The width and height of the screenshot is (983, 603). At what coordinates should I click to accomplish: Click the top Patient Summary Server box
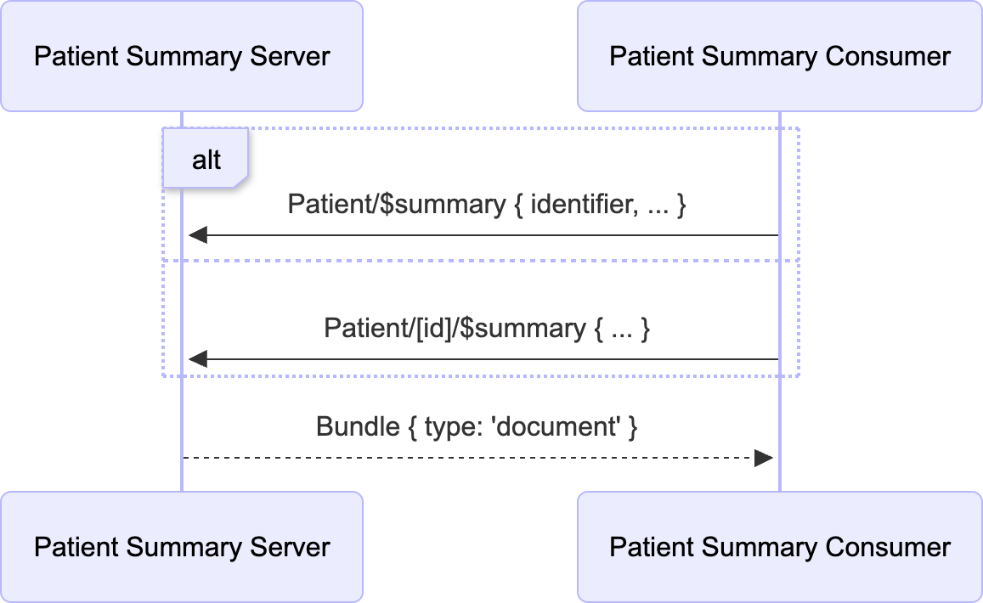[182, 56]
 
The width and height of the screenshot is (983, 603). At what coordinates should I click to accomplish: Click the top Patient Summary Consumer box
[779, 56]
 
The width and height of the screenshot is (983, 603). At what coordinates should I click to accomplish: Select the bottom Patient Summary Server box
[182, 547]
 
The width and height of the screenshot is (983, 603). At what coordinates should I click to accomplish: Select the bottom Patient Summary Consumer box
[779, 547]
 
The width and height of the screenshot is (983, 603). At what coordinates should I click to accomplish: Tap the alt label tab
[206, 159]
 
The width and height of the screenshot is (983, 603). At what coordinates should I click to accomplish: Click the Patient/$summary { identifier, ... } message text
[486, 205]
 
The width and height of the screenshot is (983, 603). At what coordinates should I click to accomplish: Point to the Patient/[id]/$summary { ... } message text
[486, 328]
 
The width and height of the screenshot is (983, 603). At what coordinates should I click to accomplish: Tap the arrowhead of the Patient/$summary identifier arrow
[198, 235]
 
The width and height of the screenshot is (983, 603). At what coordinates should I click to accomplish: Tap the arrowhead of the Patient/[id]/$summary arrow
[198, 359]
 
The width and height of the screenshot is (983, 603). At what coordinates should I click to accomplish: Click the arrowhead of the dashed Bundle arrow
[763, 458]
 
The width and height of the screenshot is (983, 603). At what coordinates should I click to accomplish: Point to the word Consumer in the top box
[888, 56]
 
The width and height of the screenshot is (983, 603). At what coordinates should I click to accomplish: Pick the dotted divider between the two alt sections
[481, 261]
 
